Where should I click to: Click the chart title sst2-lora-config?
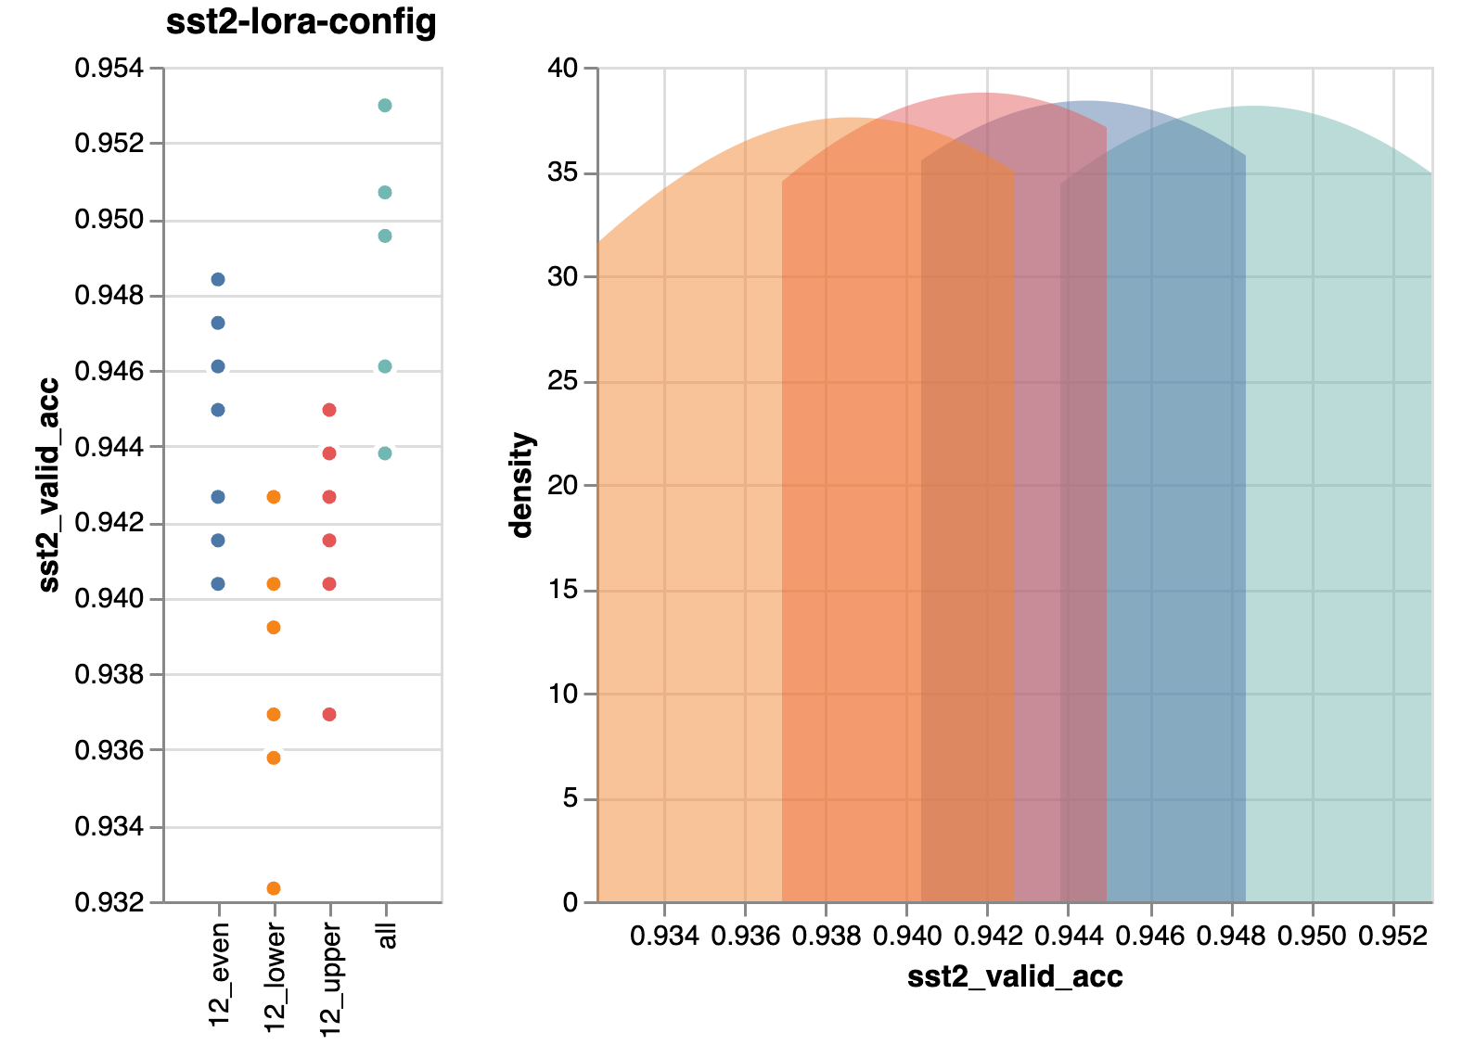tap(301, 21)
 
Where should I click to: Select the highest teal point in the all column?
tap(385, 106)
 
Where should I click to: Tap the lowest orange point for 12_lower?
tap(274, 888)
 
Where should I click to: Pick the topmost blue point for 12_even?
tap(218, 279)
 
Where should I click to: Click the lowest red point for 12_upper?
tap(328, 714)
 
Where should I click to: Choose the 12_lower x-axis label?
tap(276, 979)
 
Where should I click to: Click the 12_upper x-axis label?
tap(331, 979)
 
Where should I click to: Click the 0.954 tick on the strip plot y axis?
tap(109, 68)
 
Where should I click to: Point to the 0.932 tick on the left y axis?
tap(109, 902)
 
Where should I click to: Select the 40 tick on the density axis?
tap(563, 68)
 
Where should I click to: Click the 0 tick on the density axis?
tap(570, 902)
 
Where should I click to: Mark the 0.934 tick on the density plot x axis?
tap(664, 935)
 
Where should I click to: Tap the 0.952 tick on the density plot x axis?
tap(1393, 935)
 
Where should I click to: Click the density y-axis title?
tap(522, 485)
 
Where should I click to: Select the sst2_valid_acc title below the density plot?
tap(1015, 976)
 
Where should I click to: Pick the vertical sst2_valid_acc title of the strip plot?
tap(48, 485)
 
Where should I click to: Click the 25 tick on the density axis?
tap(563, 381)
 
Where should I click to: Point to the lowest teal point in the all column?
tap(385, 453)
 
